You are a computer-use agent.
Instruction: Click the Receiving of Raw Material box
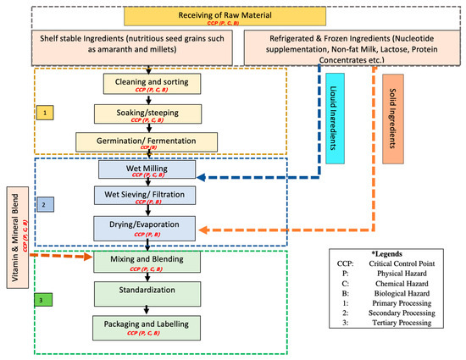(232, 18)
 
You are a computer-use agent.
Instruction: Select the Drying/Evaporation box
(147, 226)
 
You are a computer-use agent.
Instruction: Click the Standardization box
(147, 293)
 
